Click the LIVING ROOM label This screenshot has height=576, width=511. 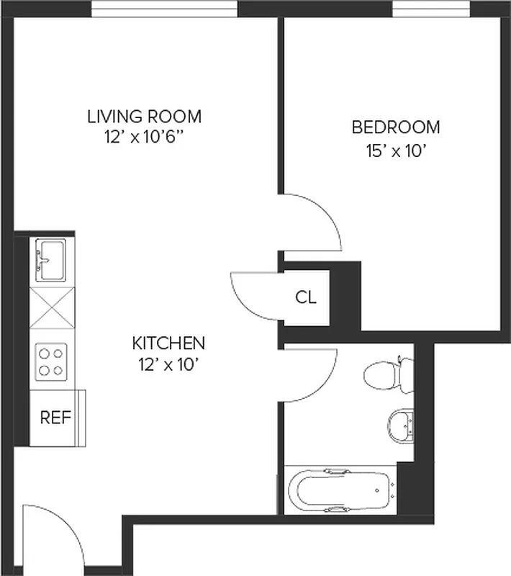[144, 116]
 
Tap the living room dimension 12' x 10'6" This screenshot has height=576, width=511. [144, 138]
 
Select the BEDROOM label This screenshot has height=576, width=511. [395, 127]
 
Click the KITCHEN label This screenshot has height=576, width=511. [168, 343]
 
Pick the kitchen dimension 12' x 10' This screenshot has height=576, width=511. [168, 365]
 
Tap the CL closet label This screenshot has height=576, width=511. [306, 297]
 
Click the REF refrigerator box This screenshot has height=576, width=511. [55, 418]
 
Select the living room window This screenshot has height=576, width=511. [165, 9]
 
